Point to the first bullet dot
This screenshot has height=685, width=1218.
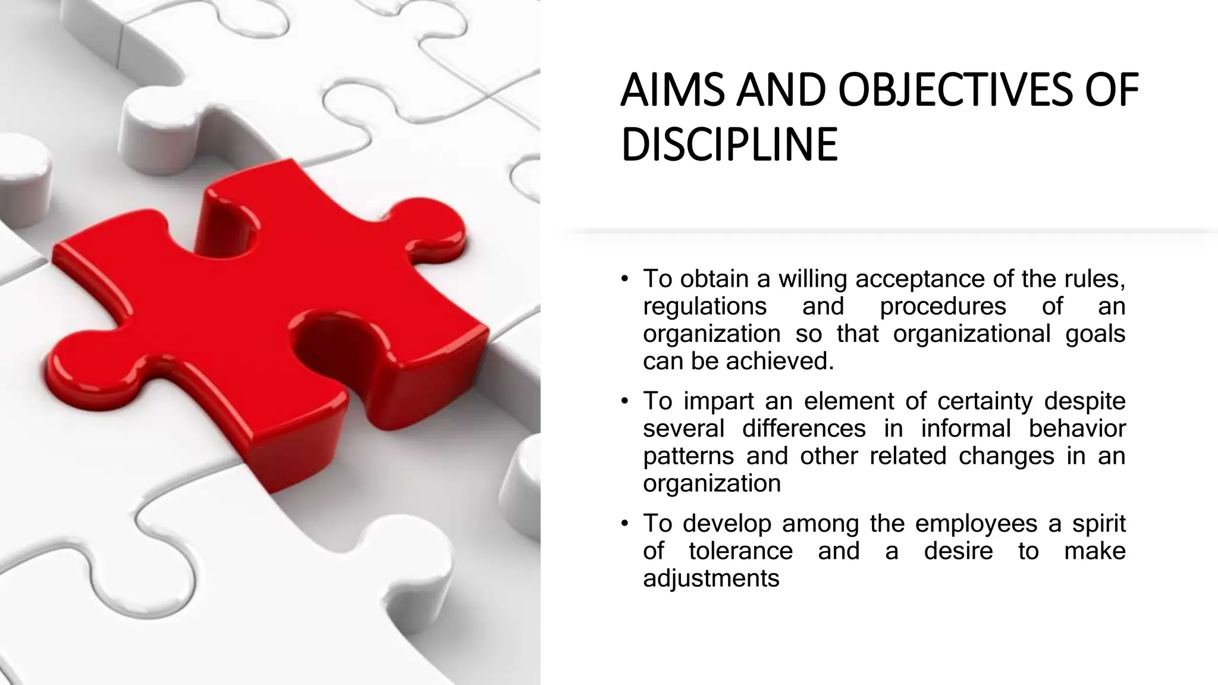click(624, 279)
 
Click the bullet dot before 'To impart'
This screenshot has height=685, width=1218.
click(624, 401)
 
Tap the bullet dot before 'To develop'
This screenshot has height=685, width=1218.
click(624, 524)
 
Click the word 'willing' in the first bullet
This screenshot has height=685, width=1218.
click(812, 279)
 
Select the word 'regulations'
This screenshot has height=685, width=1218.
click(705, 306)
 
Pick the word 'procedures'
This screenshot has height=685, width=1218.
click(943, 306)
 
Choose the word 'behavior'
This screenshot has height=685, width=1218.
click(1077, 429)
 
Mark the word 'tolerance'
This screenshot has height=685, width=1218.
click(740, 551)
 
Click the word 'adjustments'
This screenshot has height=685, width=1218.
click(711, 579)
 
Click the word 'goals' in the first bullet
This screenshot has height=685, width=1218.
click(1095, 334)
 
